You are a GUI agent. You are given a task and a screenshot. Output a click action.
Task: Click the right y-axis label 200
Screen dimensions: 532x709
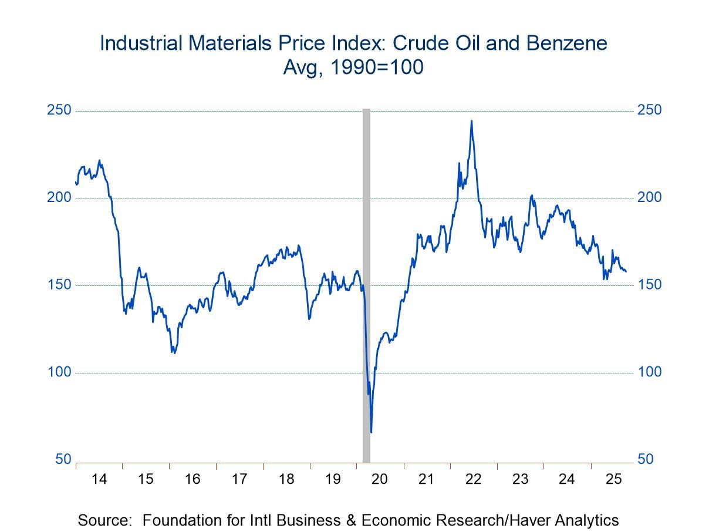pyautogui.click(x=649, y=197)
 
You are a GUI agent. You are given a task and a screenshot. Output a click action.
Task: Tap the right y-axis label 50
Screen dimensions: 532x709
pyautogui.click(x=646, y=459)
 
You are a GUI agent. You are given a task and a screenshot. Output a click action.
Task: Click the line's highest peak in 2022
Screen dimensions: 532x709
pyautogui.click(x=471, y=121)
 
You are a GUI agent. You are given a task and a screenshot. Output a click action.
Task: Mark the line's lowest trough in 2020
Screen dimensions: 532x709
pyautogui.click(x=371, y=433)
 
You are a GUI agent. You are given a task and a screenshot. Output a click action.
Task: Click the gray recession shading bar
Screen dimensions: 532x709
pyautogui.click(x=366, y=282)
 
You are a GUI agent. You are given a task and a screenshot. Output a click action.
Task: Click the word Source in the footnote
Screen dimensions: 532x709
pyautogui.click(x=104, y=520)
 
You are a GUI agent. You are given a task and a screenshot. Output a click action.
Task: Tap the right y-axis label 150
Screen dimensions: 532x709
pyautogui.click(x=649, y=285)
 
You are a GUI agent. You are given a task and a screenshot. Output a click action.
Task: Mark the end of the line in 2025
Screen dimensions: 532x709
pyautogui.click(x=626, y=271)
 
